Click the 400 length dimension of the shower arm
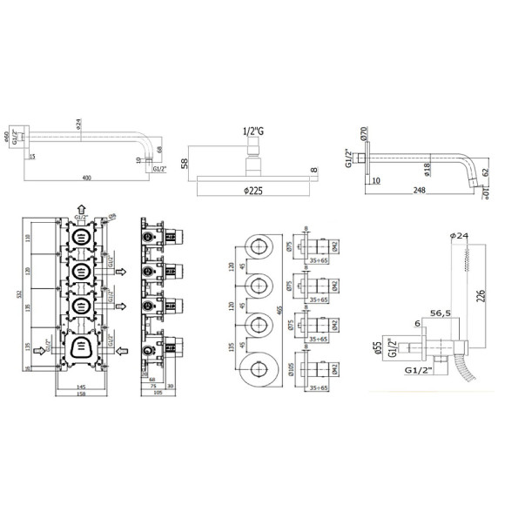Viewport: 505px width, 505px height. (x=85, y=178)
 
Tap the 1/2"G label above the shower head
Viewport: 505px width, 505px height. (x=252, y=132)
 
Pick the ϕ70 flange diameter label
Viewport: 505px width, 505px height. (x=362, y=135)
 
